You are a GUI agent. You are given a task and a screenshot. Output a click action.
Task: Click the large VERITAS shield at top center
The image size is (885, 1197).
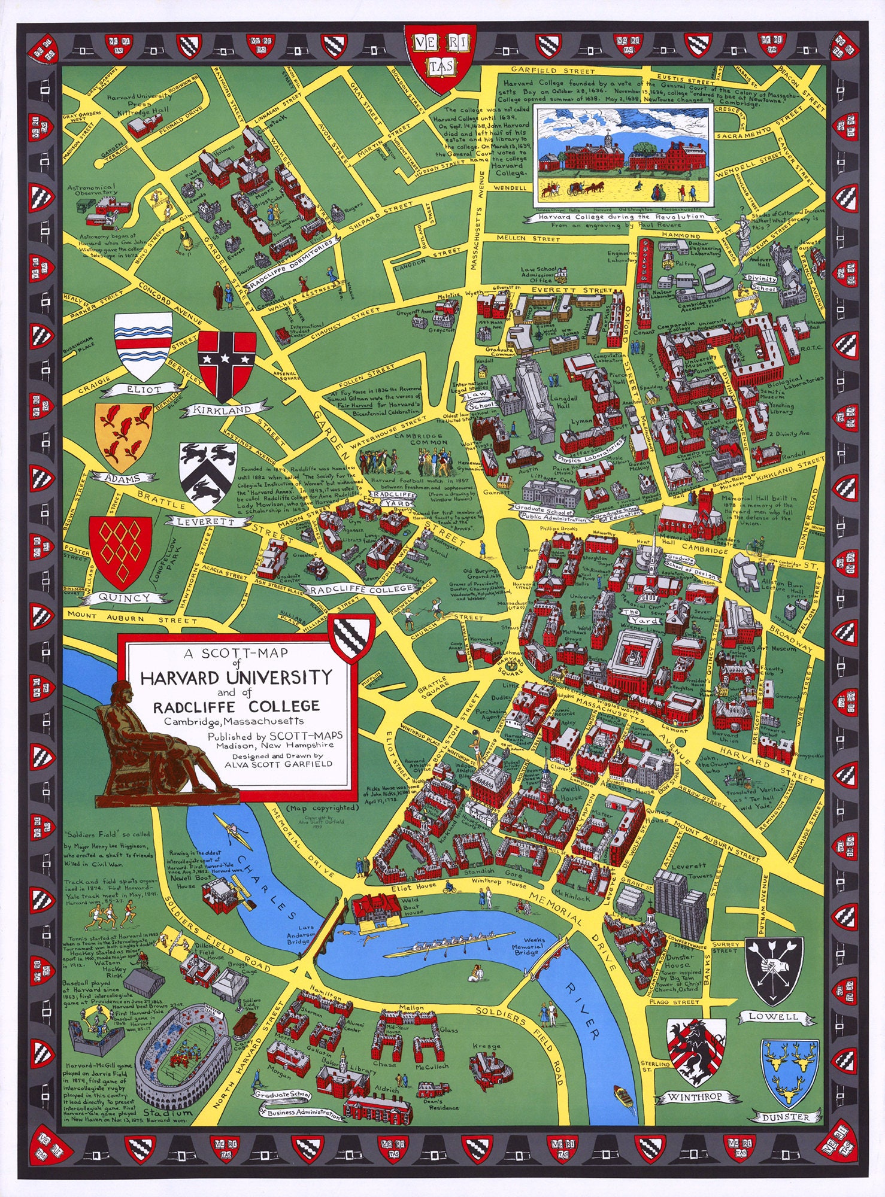click(x=441, y=58)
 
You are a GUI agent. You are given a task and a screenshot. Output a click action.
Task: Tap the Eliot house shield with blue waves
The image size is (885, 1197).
click(x=143, y=346)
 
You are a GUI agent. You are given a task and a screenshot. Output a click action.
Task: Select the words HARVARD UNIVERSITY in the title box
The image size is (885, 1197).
click(x=236, y=678)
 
